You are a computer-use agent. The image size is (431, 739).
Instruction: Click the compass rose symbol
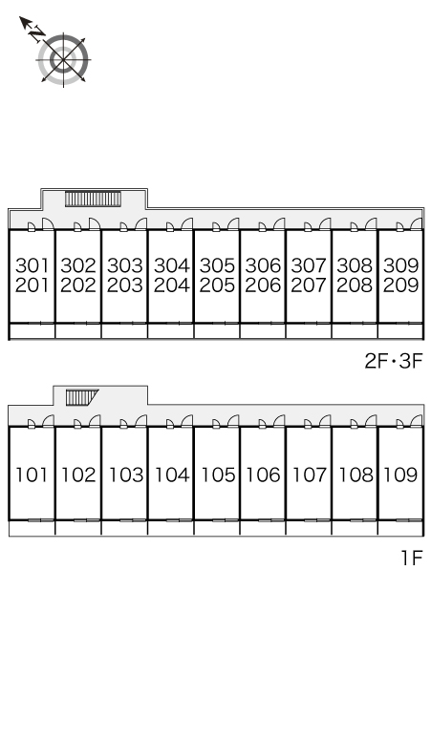(63, 60)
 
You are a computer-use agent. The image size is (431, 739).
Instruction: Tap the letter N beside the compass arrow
(36, 34)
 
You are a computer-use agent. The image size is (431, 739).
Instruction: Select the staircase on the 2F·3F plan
(93, 199)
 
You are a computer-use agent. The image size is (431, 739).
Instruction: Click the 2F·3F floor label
(394, 362)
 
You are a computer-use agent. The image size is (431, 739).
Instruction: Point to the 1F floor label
(412, 558)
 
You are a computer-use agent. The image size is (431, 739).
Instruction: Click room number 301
(32, 265)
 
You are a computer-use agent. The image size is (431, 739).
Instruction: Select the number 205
(217, 285)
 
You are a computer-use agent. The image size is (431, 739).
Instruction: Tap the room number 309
(400, 265)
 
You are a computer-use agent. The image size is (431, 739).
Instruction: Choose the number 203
(124, 285)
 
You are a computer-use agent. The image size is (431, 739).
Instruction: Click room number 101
(32, 475)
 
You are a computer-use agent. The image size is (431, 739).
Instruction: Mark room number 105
(218, 475)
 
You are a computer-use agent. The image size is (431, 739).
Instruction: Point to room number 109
(400, 475)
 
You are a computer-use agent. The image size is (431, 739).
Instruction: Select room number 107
(310, 475)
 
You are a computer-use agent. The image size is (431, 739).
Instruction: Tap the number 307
(309, 265)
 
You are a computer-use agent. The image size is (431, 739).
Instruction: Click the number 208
(355, 285)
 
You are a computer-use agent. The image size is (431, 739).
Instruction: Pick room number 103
(126, 475)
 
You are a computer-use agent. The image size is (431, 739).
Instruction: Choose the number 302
(78, 265)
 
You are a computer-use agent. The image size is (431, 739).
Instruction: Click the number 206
(263, 285)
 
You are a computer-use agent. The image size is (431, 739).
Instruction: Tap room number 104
(172, 475)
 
